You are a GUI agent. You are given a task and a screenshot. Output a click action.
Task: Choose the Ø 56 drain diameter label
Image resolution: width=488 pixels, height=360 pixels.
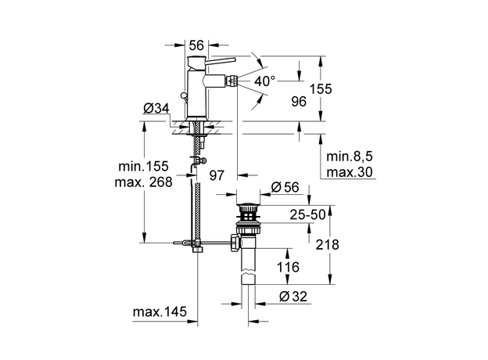[286, 186]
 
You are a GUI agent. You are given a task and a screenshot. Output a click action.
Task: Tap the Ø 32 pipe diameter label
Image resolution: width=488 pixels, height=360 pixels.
[294, 295]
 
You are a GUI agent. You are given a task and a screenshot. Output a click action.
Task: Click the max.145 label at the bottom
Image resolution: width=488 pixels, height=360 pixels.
[160, 312]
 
